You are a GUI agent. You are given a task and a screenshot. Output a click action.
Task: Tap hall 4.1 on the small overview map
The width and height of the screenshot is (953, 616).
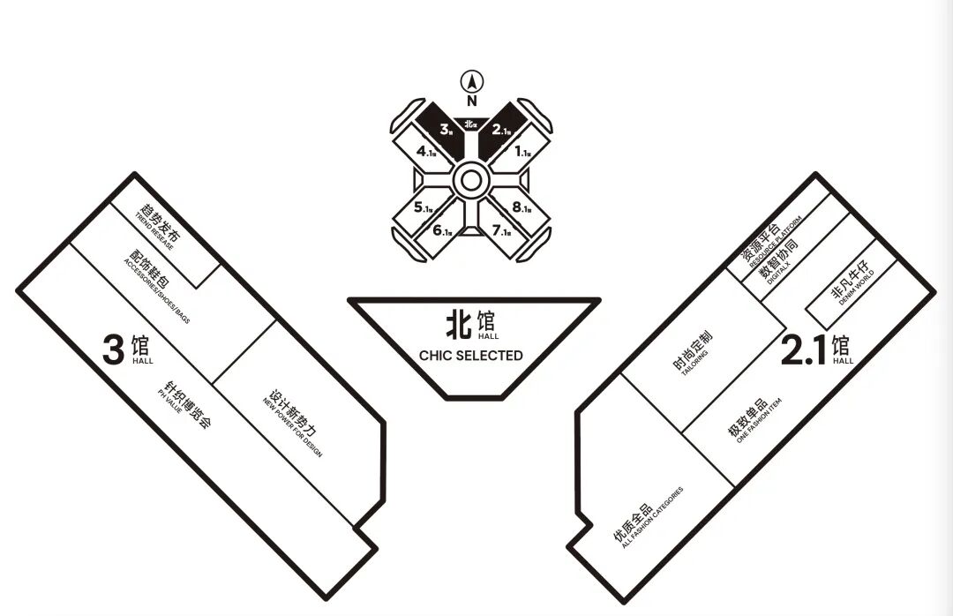tap(426, 151)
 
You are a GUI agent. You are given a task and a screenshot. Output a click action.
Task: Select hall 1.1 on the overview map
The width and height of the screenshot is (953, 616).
tap(522, 152)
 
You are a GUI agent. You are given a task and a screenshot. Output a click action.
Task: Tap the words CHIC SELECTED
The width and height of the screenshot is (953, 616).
tap(471, 356)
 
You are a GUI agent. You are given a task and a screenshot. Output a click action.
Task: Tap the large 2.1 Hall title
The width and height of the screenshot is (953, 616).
tap(817, 350)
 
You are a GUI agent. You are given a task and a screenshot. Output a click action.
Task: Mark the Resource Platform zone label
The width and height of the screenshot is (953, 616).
tap(769, 240)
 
